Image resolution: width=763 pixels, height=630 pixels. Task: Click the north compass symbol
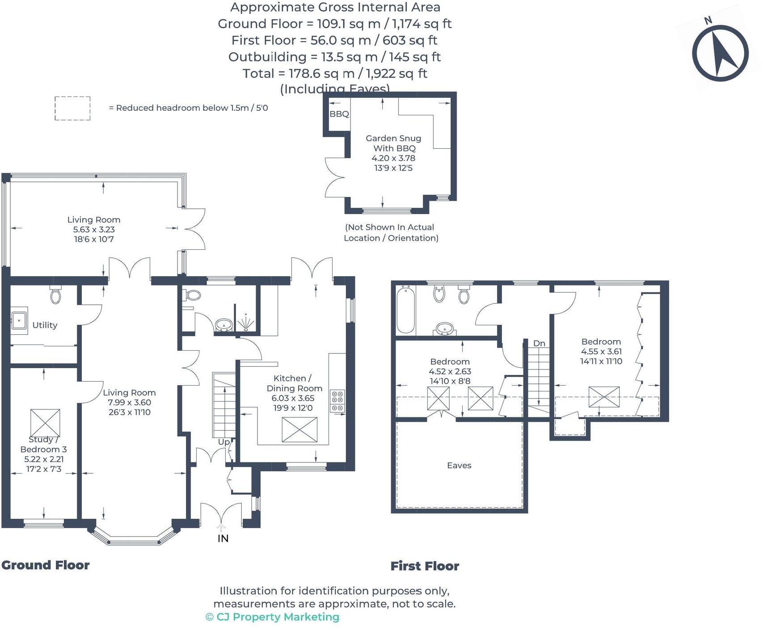click(x=720, y=53)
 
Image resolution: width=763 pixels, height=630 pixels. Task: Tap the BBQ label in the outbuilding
click(x=339, y=114)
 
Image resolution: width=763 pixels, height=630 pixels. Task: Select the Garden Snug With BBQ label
click(x=393, y=143)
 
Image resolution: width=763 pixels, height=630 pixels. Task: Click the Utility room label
click(x=45, y=325)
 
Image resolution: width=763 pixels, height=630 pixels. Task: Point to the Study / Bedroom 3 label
click(x=43, y=445)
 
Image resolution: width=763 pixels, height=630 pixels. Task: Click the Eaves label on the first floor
click(x=459, y=465)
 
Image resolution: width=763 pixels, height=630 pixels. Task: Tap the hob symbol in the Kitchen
click(x=337, y=401)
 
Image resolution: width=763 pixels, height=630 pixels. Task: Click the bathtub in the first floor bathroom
click(x=406, y=310)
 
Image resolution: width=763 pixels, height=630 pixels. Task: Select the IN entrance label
click(x=223, y=538)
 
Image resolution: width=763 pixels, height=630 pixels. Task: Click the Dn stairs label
click(x=539, y=343)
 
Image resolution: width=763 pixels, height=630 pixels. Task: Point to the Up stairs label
click(x=223, y=441)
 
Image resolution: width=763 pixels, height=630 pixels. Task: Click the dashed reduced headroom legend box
click(x=72, y=108)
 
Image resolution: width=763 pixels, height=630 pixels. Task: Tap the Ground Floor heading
click(x=45, y=565)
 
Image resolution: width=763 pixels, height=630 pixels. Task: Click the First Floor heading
click(x=425, y=566)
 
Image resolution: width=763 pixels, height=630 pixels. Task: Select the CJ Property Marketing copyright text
click(x=272, y=617)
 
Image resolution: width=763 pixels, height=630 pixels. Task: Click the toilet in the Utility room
click(x=55, y=295)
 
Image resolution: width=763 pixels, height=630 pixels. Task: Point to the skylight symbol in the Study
click(x=45, y=422)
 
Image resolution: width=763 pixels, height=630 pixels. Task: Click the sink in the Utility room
click(x=19, y=320)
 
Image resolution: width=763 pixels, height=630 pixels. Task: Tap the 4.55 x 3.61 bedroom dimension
click(x=601, y=351)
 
